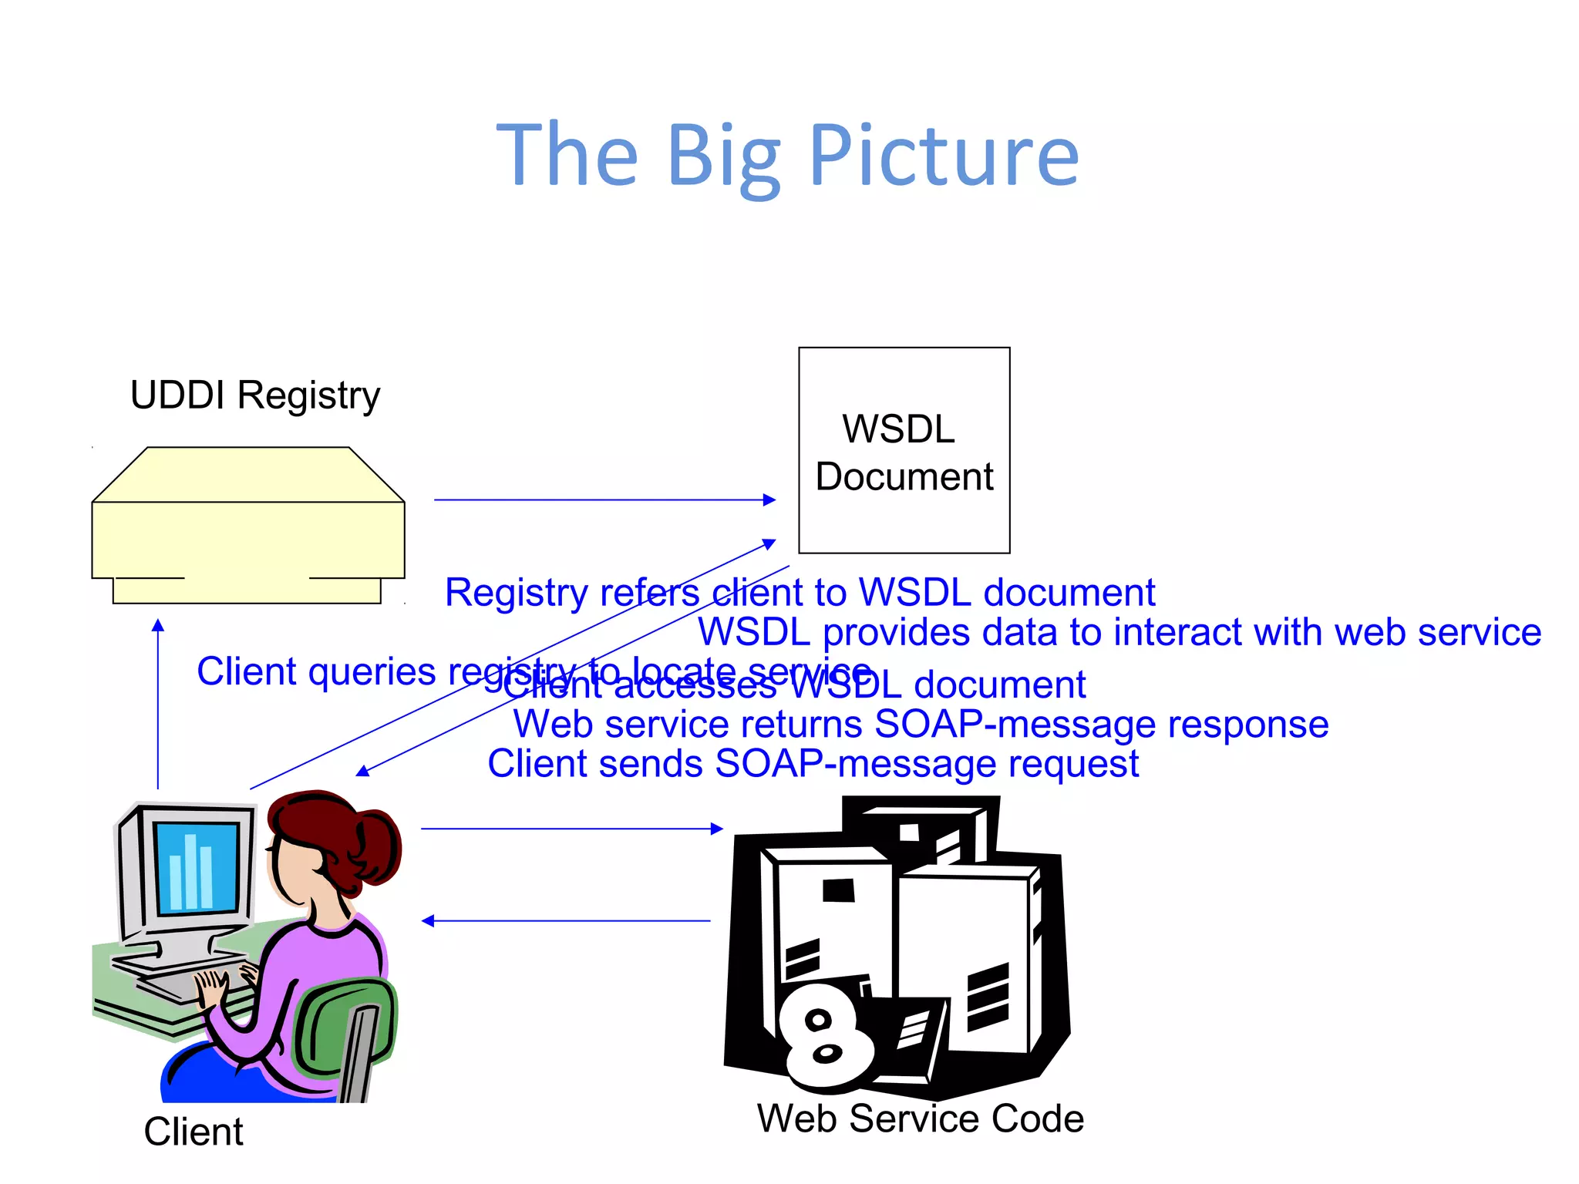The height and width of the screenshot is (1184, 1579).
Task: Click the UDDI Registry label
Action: pos(255,395)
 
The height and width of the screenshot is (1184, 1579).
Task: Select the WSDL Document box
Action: pos(904,451)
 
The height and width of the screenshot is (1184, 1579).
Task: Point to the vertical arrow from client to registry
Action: pos(158,701)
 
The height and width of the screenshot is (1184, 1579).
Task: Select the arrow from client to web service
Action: pos(571,829)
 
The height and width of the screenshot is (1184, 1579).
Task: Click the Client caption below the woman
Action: pos(194,1132)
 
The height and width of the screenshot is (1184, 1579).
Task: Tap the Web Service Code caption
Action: pos(920,1118)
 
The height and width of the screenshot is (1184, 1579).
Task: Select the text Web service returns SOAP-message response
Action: pos(921,725)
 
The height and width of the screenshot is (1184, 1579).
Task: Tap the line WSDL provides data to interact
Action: pos(1119,633)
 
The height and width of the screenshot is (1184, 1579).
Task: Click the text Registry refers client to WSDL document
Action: pos(800,593)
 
